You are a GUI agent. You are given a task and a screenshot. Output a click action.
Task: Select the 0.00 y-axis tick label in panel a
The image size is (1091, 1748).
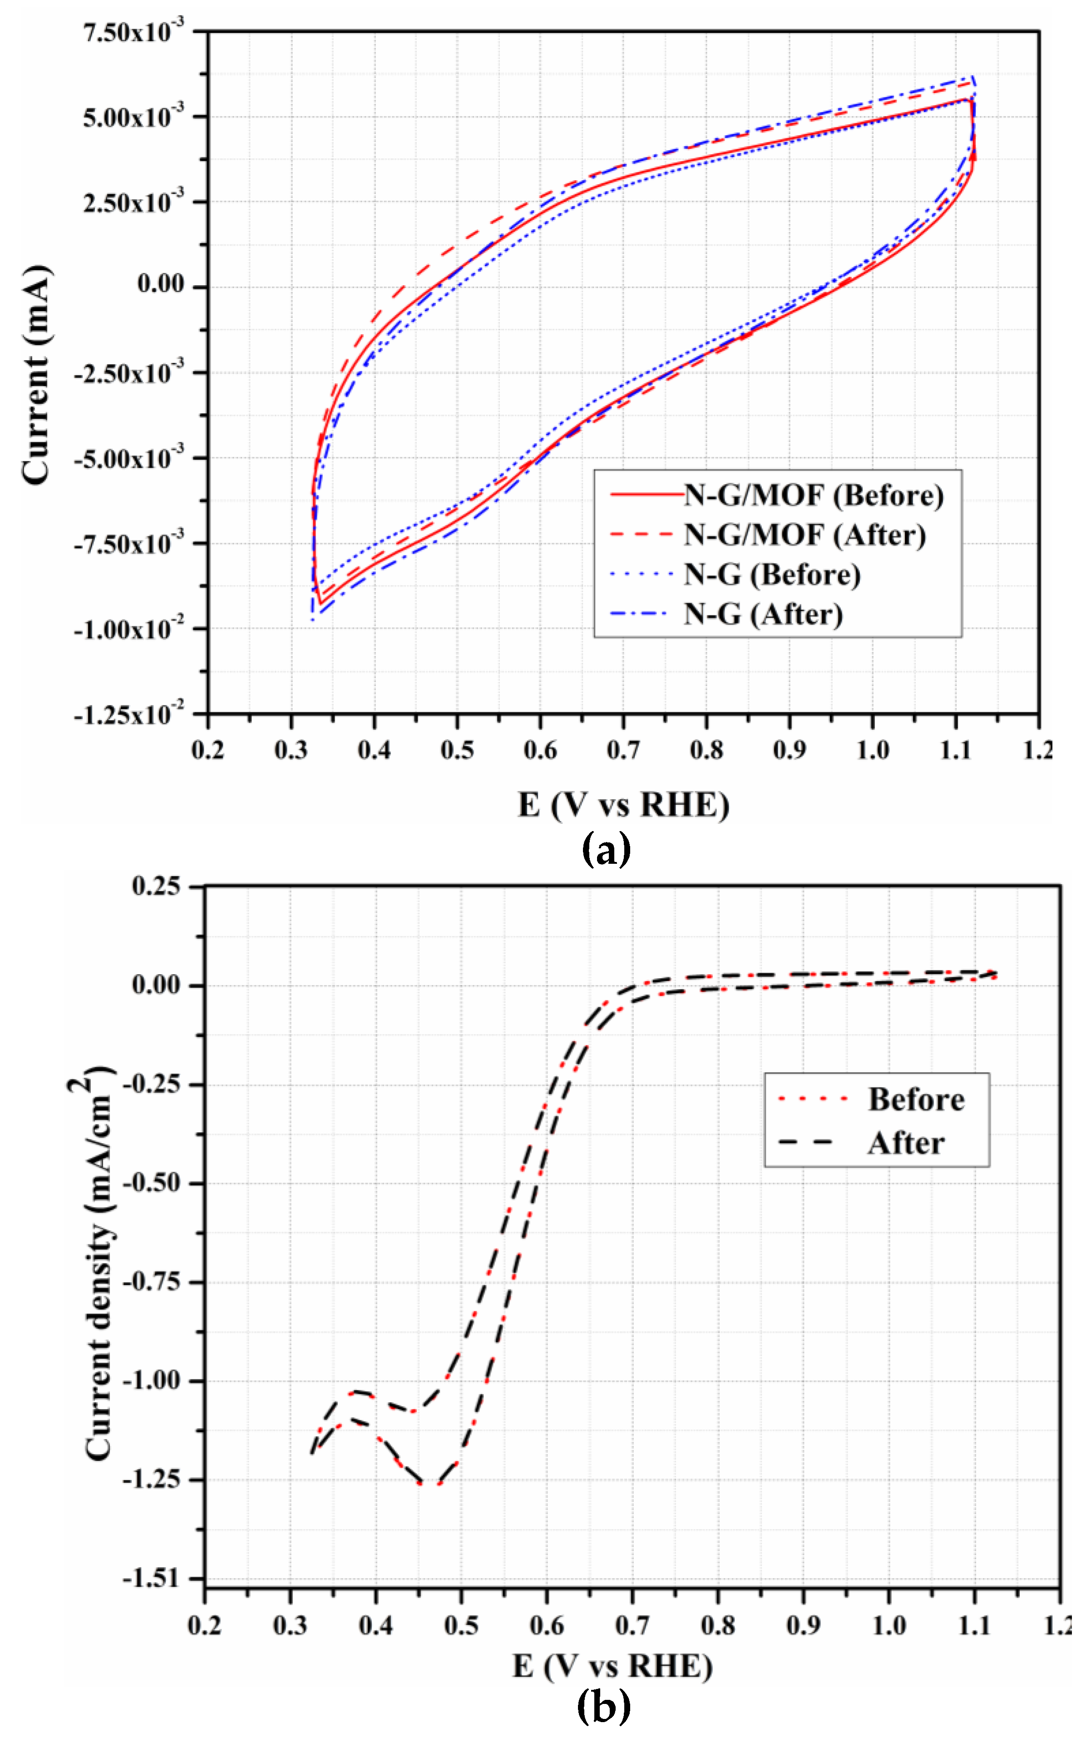(x=160, y=285)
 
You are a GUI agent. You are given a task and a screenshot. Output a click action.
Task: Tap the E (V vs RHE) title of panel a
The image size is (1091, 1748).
(x=623, y=804)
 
